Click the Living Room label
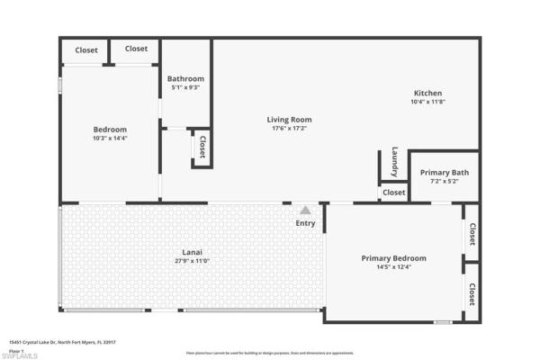pyautogui.click(x=289, y=120)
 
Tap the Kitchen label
pyautogui.click(x=427, y=94)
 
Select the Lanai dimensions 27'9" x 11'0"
pyautogui.click(x=190, y=261)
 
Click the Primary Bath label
pyautogui.click(x=444, y=172)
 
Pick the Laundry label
pyautogui.click(x=394, y=161)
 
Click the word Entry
pyautogui.click(x=306, y=223)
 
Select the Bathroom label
pyautogui.click(x=185, y=78)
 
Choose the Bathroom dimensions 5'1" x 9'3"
pyautogui.click(x=185, y=87)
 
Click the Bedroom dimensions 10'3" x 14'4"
pyautogui.click(x=110, y=139)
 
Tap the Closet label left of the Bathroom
pyautogui.click(x=136, y=49)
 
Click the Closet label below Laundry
pyautogui.click(x=393, y=192)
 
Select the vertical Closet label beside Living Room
pyautogui.click(x=202, y=147)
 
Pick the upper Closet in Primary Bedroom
pyautogui.click(x=471, y=234)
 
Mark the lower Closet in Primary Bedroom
pyautogui.click(x=471, y=294)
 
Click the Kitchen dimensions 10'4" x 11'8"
pyautogui.click(x=427, y=103)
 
